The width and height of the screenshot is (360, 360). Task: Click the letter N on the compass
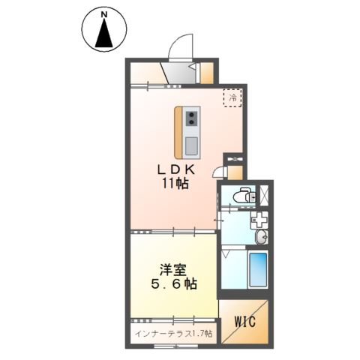pos(104,15)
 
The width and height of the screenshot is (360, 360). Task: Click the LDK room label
pos(175,170)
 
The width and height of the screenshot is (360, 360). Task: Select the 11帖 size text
pos(175,184)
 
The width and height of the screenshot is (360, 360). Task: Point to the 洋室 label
pos(173,270)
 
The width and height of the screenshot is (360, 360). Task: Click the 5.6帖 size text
pos(174,284)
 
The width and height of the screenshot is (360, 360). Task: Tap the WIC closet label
pos(245,322)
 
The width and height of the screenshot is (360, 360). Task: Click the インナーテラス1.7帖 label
pos(174,333)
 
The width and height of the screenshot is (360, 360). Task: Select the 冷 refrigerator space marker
pos(232,97)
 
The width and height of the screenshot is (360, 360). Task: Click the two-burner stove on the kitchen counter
pos(192,118)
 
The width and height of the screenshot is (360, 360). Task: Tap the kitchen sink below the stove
pos(192,145)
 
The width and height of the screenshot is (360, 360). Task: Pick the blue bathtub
pos(259,269)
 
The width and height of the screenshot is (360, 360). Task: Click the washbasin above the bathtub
pos(262,237)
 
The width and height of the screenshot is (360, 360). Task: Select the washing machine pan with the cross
pos(259,220)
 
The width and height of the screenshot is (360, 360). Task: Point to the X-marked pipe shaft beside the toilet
pos(264,196)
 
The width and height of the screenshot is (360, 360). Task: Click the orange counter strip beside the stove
pos(178,133)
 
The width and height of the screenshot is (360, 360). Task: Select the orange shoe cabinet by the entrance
pos(207,73)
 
